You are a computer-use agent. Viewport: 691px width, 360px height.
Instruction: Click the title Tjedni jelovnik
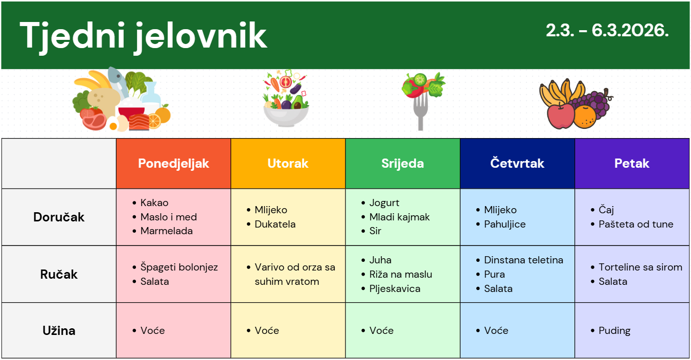pos(144,36)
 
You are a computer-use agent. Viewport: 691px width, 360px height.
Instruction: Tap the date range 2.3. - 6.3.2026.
pos(607,31)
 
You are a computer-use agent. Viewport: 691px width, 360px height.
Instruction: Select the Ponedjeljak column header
pos(173,164)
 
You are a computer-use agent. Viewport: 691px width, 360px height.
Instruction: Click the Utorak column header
pos(288,164)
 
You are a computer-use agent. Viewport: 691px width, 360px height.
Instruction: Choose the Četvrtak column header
pos(517,163)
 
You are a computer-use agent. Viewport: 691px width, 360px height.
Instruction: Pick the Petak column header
pos(632,163)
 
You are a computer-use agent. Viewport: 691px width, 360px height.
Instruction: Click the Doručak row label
pos(59,217)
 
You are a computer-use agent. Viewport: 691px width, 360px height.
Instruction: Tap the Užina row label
pos(59,331)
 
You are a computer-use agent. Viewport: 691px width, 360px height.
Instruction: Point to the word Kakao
pos(154,202)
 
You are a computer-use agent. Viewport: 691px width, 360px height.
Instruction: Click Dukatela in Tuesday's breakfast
pos(275,224)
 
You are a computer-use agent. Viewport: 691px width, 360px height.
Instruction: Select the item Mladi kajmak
pos(400,217)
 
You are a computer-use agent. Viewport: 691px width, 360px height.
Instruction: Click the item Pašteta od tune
pos(636,224)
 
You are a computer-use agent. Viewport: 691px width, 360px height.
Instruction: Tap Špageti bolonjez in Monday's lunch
pos(179,267)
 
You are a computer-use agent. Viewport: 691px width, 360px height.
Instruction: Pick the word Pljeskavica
pos(395,289)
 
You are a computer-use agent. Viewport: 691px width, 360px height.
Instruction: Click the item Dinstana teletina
pos(523,260)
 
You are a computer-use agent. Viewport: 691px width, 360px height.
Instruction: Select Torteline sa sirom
pos(640,267)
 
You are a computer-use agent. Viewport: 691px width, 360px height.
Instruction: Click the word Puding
pos(614,331)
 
